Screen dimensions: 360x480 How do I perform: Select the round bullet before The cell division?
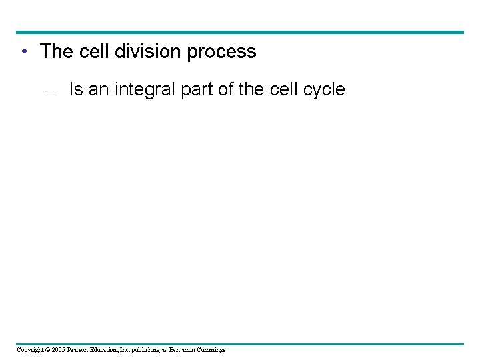[24, 52]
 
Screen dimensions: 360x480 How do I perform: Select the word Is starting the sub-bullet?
[76, 89]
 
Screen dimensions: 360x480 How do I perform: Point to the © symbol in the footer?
[49, 350]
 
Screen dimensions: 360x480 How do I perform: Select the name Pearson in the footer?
[81, 350]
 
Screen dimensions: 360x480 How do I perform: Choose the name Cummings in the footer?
[211, 350]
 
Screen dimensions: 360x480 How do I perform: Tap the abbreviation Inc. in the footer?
[129, 350]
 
